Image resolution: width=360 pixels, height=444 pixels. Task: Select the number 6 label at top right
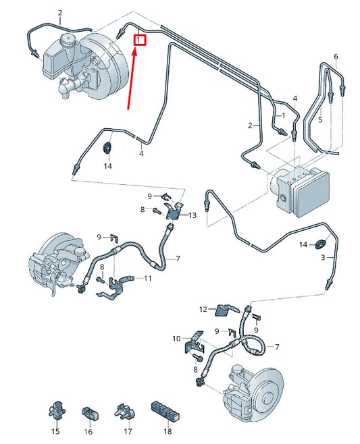coord(335,56)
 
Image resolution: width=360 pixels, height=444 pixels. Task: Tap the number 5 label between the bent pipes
coord(321,119)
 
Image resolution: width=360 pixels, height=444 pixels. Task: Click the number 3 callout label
coord(324,258)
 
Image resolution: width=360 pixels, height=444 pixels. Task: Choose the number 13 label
coord(192,215)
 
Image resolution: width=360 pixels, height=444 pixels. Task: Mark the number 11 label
coord(147,278)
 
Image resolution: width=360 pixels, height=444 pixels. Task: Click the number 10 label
coord(176,338)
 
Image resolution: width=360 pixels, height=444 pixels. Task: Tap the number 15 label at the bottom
coord(56,431)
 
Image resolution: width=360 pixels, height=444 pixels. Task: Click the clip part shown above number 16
coord(89,412)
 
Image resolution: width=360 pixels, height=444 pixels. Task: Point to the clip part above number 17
coord(122,410)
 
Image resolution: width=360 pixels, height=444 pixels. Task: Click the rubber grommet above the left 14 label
coord(107,148)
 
